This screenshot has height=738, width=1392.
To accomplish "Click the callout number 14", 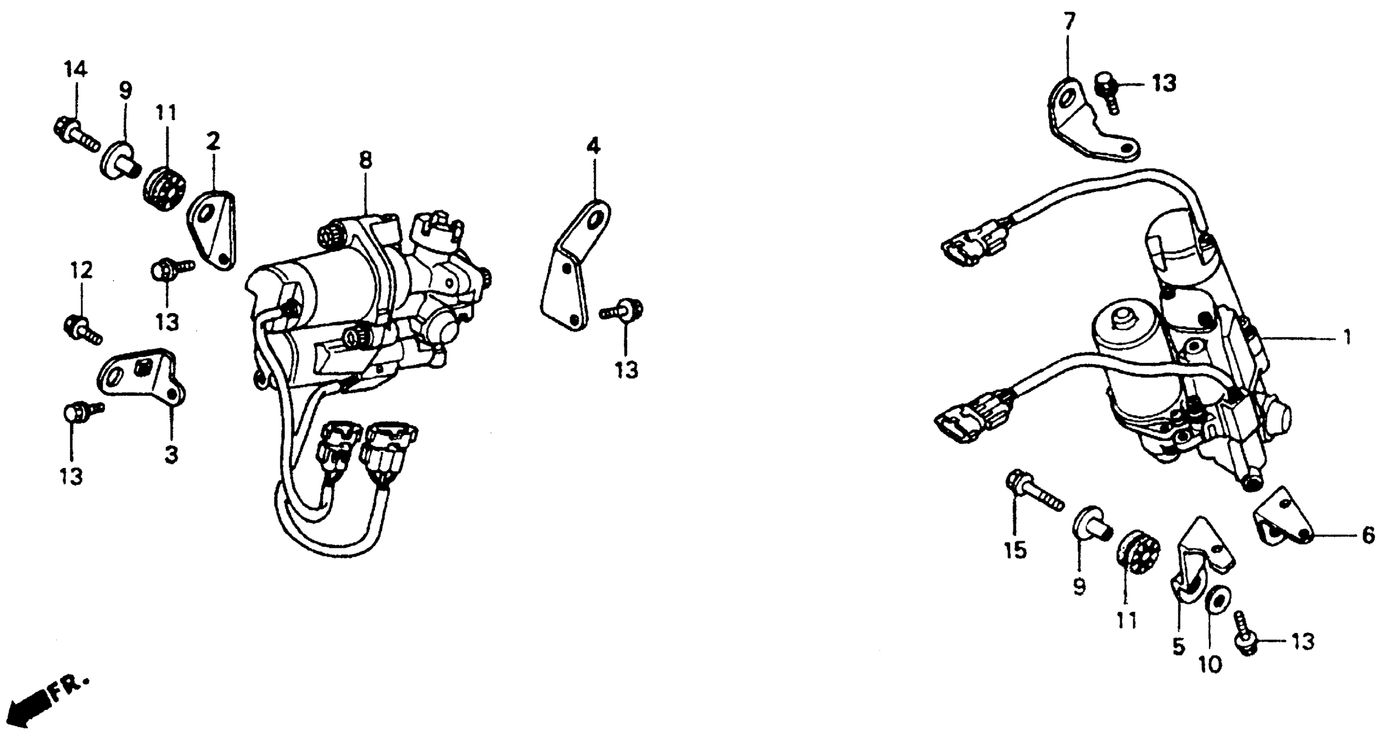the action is [x=75, y=70].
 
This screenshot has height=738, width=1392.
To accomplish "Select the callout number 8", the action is [x=366, y=161].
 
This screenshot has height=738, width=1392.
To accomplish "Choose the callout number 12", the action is [x=81, y=270].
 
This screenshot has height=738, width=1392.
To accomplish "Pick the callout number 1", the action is [x=1346, y=338].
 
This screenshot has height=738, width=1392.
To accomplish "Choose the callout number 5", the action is [x=1178, y=646].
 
